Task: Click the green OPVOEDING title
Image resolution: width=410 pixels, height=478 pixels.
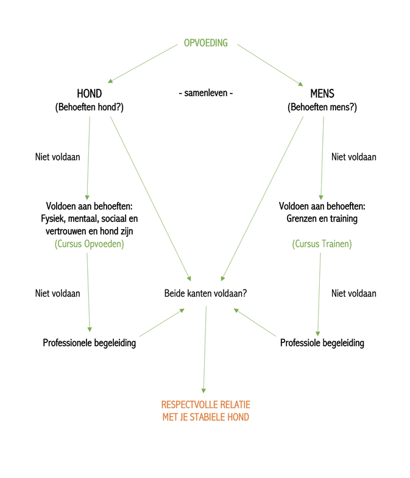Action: (205, 43)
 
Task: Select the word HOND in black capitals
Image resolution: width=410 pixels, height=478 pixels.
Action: (89, 93)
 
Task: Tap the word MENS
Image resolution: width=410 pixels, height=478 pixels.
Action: (322, 93)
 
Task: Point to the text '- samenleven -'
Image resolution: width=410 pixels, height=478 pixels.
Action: (205, 92)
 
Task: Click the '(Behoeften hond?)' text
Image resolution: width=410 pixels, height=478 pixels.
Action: (89, 107)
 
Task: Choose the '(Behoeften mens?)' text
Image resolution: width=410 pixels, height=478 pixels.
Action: (322, 107)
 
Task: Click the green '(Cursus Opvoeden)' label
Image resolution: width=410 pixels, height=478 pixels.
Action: (89, 244)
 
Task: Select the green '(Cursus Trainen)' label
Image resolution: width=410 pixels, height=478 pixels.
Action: (322, 244)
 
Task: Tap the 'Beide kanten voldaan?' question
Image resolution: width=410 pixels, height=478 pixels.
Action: (205, 293)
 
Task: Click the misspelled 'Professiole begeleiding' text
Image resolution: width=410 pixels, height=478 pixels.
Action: (322, 343)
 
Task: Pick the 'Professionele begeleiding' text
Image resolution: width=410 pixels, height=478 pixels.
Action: (89, 343)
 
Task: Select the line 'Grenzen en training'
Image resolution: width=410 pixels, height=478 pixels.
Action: (322, 218)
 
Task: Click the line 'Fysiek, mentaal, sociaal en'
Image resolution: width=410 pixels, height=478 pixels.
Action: (89, 218)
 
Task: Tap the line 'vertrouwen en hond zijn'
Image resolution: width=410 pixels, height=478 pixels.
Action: (89, 231)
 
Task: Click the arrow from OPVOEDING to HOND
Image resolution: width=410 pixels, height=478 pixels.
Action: (143, 64)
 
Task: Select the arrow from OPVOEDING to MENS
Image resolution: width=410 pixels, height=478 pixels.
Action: (270, 65)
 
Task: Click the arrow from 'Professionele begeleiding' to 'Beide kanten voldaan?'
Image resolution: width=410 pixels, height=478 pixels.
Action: (162, 322)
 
